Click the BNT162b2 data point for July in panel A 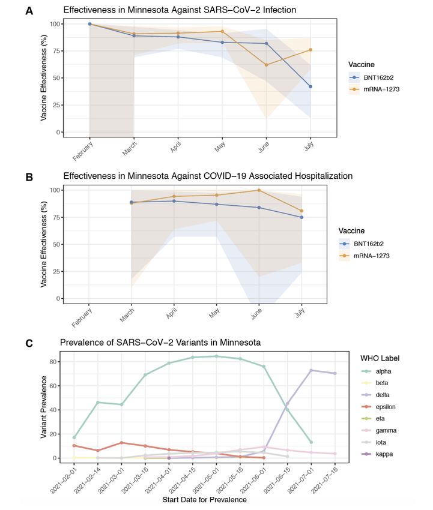(310, 86)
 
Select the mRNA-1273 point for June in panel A (266, 65)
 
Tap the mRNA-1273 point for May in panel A (222, 32)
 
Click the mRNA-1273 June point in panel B (259, 190)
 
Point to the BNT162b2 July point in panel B (301, 217)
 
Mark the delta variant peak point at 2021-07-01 (311, 370)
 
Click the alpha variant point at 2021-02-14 (98, 403)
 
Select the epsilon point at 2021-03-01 (121, 443)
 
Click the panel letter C (29, 343)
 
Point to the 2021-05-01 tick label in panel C (205, 480)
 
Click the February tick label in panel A (83, 151)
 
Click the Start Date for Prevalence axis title (204, 500)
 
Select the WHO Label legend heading (380, 358)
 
